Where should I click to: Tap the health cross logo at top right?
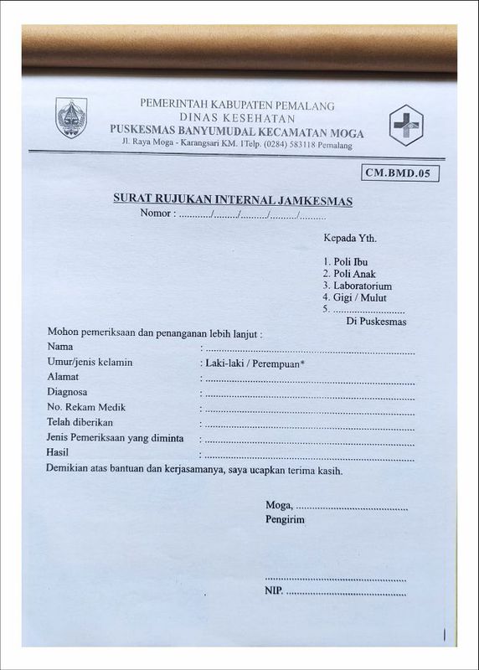click(x=407, y=125)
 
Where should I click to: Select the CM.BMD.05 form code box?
click(x=401, y=173)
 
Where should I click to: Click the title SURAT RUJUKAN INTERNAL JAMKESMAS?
click(x=233, y=200)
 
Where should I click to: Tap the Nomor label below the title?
click(x=157, y=214)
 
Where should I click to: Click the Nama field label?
click(x=60, y=347)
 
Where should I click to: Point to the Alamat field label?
click(x=63, y=377)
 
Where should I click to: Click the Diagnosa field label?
click(x=68, y=392)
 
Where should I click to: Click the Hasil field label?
click(x=58, y=453)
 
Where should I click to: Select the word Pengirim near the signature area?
click(x=285, y=520)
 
